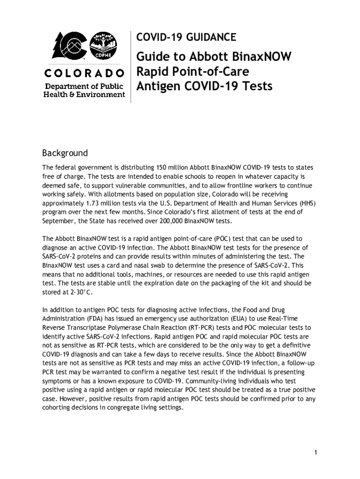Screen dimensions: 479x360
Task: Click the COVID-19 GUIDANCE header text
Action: [186, 37]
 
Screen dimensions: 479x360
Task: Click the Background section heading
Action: [65, 153]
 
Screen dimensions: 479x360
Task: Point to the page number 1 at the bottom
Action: [316, 452]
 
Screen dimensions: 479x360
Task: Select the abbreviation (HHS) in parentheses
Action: [306, 203]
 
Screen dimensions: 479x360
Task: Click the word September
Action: [58, 221]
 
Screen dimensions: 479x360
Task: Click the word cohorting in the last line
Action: [59, 407]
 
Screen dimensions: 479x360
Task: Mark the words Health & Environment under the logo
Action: [84, 94]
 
